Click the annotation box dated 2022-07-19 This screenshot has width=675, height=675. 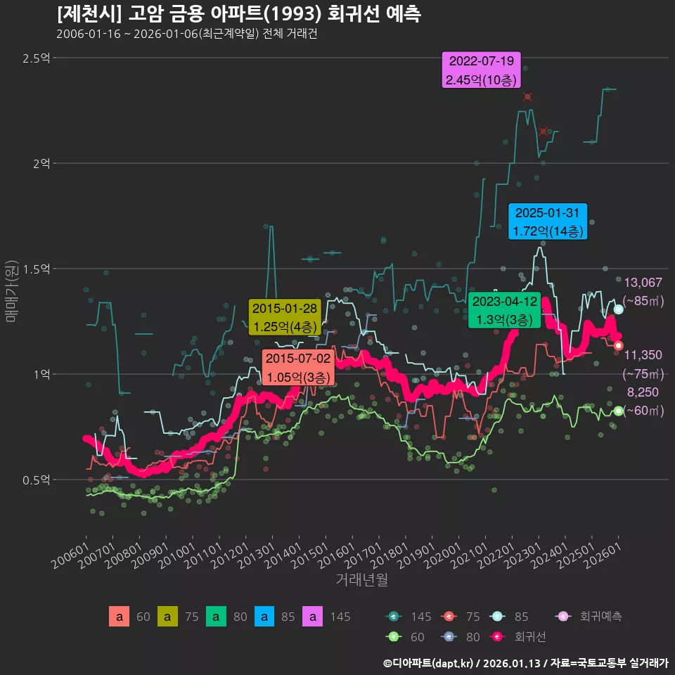[481, 70]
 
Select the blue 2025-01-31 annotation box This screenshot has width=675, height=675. [548, 221]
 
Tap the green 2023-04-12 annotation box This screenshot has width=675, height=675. [504, 310]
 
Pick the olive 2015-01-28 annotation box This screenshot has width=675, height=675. [285, 317]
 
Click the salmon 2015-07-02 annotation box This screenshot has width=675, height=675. [298, 367]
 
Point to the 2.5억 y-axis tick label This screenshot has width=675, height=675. [37, 58]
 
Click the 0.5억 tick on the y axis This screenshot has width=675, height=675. [37, 480]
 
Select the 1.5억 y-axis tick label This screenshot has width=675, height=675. [37, 269]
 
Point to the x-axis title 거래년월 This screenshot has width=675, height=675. [361, 580]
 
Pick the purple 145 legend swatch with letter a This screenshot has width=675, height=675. [312, 617]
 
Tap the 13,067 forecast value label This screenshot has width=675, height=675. [643, 283]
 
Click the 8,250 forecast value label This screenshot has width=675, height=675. [643, 392]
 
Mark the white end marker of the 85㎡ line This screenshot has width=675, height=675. [618, 309]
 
